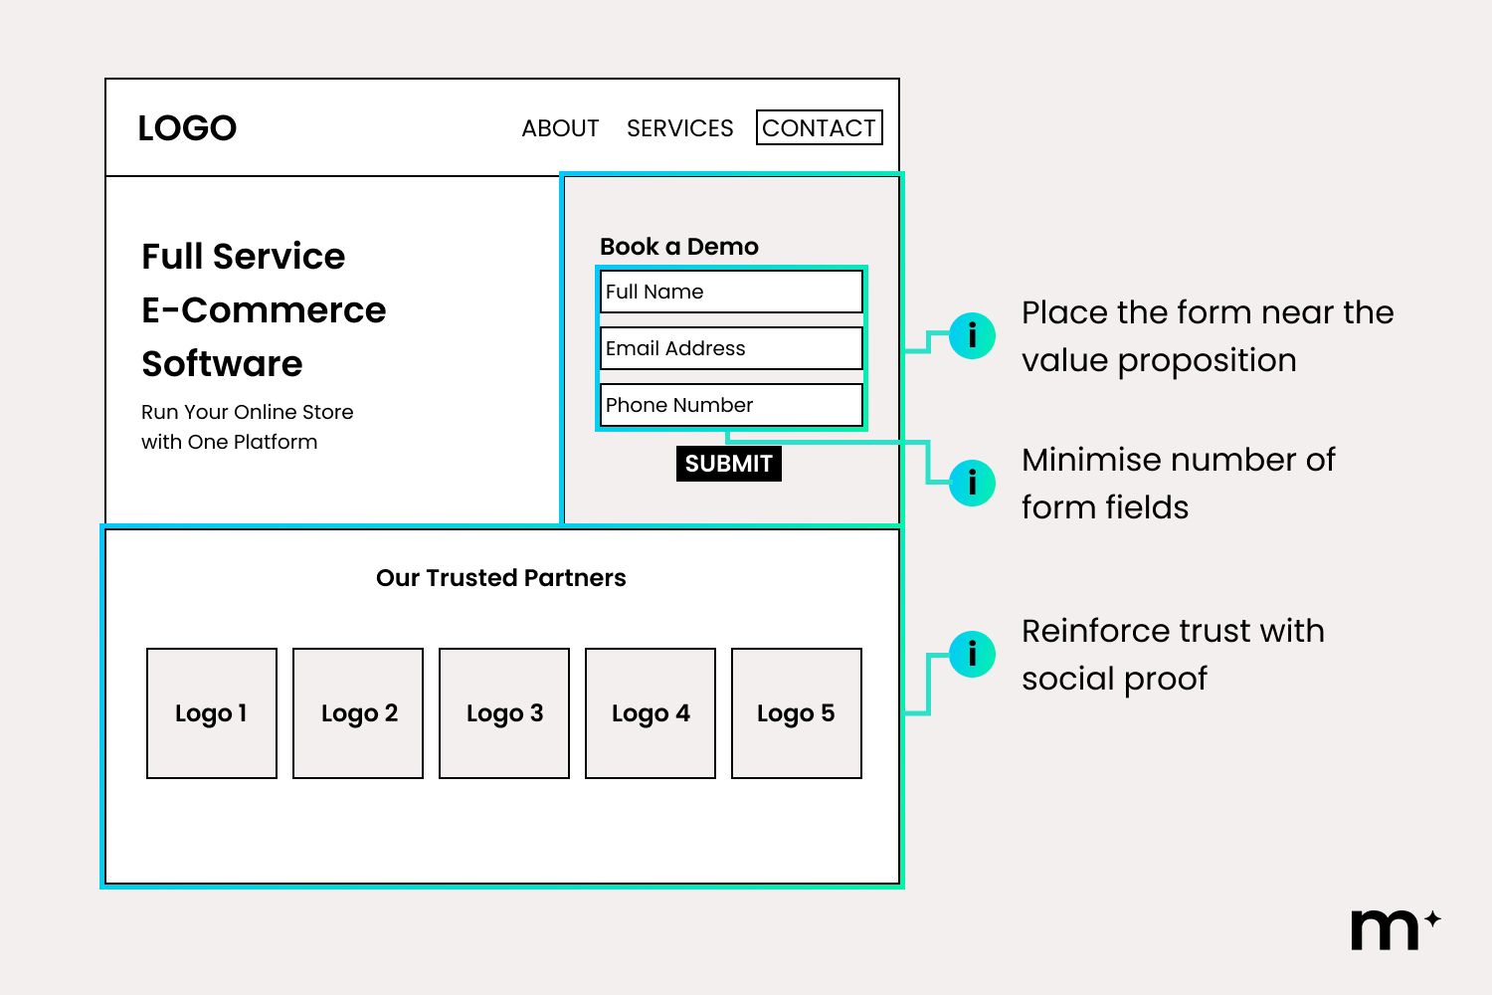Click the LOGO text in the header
point(187,128)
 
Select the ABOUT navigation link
point(560,128)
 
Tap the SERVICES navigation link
point(679,128)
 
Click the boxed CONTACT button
point(819,128)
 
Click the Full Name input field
point(731,292)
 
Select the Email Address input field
point(731,348)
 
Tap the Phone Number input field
point(731,405)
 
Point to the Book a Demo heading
point(679,247)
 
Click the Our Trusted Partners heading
point(501,578)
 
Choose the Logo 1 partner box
point(212,713)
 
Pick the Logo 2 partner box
point(358,713)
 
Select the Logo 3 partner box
point(504,713)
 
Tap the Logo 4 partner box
point(651,713)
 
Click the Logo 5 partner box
point(797,713)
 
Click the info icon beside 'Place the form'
point(972,335)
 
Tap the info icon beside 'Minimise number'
point(972,483)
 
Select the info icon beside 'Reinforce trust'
point(972,654)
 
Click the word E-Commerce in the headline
point(264,310)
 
